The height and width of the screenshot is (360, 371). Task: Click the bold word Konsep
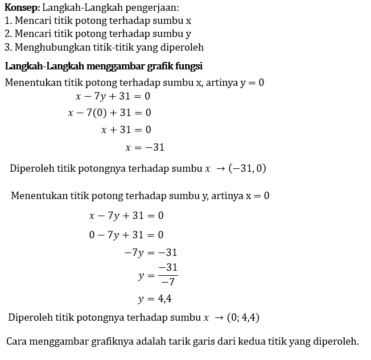point(22,8)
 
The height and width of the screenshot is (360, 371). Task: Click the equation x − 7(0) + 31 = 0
point(109,113)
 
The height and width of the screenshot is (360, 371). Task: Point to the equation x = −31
point(145,147)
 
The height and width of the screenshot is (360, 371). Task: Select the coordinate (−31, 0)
point(247,168)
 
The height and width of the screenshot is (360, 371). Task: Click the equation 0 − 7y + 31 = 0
point(126,234)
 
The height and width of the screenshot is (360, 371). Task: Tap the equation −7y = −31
point(150,253)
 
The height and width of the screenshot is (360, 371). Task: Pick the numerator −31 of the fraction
point(168,267)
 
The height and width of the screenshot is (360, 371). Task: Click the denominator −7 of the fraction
point(168,282)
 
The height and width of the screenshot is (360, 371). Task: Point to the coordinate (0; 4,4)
point(243,317)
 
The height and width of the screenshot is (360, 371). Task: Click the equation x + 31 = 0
point(126,130)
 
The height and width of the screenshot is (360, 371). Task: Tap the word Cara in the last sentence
point(17,341)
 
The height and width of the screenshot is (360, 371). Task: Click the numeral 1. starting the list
point(8,20)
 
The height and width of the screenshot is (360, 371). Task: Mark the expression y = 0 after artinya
point(252,82)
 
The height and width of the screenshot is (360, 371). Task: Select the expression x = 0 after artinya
point(257,196)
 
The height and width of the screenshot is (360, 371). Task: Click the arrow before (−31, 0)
point(219,168)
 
